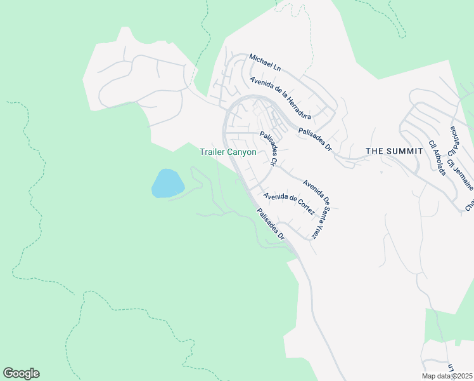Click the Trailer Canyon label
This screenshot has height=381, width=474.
click(x=228, y=152)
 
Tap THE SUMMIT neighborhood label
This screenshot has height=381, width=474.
click(x=394, y=150)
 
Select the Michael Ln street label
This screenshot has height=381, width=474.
click(x=265, y=62)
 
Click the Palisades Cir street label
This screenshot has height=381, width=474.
click(x=269, y=149)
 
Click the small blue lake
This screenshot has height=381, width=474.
click(x=168, y=184)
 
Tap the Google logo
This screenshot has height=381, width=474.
click(x=21, y=373)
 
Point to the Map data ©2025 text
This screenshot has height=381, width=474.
click(x=447, y=376)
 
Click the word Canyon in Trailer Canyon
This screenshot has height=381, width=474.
click(x=243, y=152)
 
